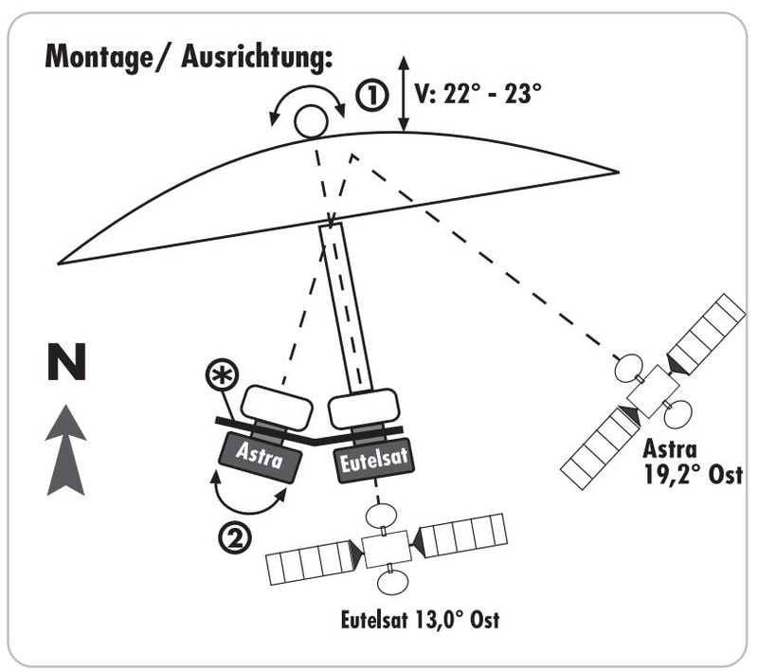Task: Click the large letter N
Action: click(x=66, y=363)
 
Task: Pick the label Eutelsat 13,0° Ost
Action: click(x=419, y=622)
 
